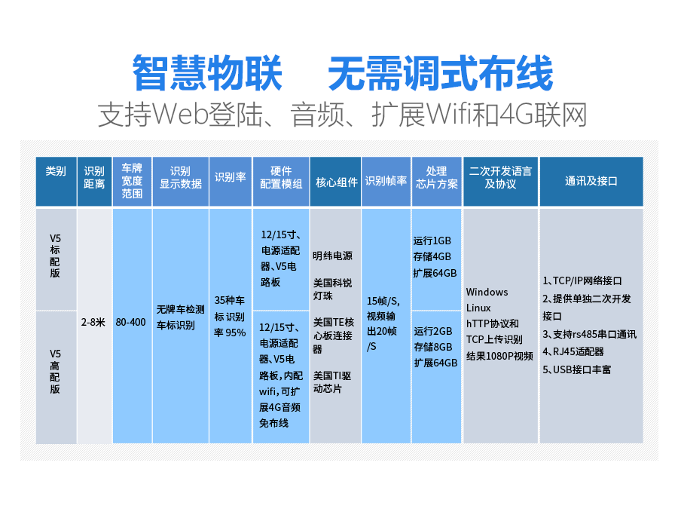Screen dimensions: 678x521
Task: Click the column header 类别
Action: [56, 171]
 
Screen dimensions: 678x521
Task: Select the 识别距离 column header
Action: [94, 177]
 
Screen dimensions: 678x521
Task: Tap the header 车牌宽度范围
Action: [132, 180]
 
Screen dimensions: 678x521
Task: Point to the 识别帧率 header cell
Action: [386, 180]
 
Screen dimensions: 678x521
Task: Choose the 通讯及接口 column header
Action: [591, 181]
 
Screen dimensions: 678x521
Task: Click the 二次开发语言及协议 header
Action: [500, 177]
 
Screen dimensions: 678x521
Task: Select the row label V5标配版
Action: [55, 256]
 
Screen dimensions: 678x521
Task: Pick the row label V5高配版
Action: [55, 371]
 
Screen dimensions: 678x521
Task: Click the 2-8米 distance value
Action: [93, 323]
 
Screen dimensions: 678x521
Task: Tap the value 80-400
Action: [130, 323]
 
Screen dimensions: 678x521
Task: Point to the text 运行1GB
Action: [432, 241]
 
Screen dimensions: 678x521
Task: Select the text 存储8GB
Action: [433, 347]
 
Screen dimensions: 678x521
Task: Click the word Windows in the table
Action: [487, 292]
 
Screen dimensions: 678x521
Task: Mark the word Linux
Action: [478, 308]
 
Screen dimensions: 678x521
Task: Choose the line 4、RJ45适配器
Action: [573, 352]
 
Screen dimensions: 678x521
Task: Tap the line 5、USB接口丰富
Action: [577, 369]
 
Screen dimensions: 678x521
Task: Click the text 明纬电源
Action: [332, 256]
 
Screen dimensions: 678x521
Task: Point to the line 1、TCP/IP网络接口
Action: [582, 280]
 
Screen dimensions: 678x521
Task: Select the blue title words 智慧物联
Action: [207, 72]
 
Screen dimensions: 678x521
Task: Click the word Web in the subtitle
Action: [180, 115]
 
